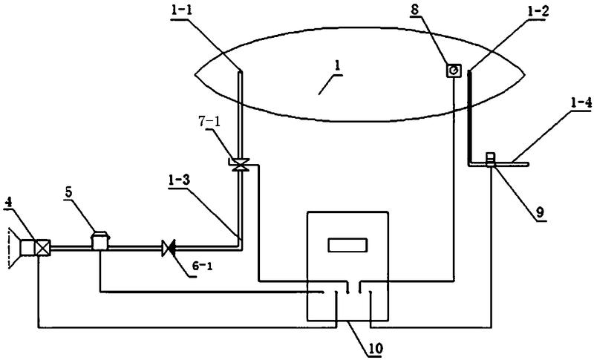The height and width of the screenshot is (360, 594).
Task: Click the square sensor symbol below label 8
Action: point(453,71)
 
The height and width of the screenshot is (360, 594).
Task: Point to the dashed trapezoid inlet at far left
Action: point(13,248)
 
